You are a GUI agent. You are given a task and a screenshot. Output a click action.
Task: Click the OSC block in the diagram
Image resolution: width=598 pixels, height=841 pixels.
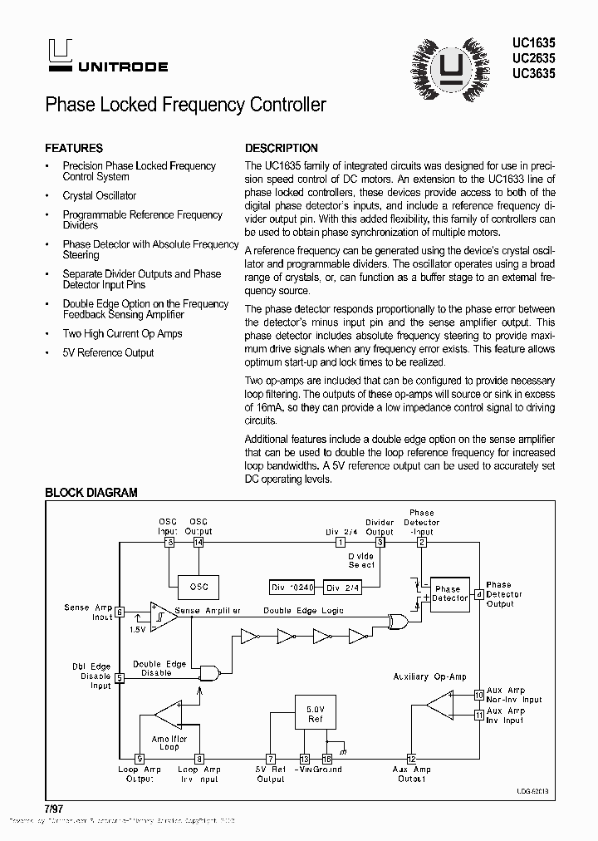tap(199, 586)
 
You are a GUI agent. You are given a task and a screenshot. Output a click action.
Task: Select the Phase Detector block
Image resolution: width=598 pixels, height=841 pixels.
tap(448, 593)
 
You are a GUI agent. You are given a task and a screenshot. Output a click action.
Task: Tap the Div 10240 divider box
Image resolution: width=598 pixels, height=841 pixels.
tap(292, 587)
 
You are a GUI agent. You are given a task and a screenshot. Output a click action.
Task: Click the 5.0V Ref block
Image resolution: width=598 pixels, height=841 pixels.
tap(316, 714)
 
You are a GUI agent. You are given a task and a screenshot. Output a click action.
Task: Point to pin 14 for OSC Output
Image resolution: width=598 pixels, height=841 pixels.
tap(198, 543)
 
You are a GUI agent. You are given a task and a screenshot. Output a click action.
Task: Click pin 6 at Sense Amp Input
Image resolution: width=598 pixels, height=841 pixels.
tap(120, 612)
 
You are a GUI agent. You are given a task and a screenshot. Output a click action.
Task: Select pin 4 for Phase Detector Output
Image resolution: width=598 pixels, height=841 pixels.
tap(478, 594)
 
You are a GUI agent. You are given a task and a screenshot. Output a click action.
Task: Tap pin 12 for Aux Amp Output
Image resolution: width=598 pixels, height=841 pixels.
tap(411, 758)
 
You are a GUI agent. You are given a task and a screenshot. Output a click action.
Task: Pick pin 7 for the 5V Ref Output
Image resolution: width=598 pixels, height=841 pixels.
tap(271, 758)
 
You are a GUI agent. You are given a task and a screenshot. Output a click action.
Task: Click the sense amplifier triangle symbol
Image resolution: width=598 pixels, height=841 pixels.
tap(163, 616)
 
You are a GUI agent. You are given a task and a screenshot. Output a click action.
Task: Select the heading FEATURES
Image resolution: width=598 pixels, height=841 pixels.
tap(74, 148)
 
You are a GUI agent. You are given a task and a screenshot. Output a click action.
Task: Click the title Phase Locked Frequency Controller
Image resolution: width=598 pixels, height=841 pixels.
tap(185, 105)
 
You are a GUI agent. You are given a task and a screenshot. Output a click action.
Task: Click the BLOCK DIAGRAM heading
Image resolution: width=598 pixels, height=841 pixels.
tap(91, 493)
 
